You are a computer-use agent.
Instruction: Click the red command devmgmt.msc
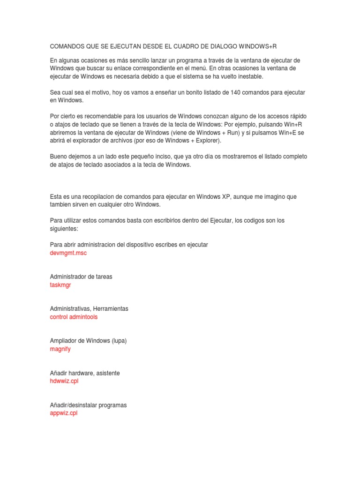coord(68,253)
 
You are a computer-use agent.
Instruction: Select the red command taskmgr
coord(60,285)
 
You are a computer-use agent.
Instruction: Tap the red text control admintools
coord(74,317)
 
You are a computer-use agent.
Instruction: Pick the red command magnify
coord(60,349)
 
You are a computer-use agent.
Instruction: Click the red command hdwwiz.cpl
coord(64,381)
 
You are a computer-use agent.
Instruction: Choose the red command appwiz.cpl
coord(63,413)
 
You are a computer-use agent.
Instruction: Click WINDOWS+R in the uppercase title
coord(261,47)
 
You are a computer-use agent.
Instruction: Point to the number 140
coord(235,92)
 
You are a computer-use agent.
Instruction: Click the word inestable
coord(248,76)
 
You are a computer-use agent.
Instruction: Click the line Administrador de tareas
coord(81,277)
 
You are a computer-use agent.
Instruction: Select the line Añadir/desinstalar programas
coord(88,405)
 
